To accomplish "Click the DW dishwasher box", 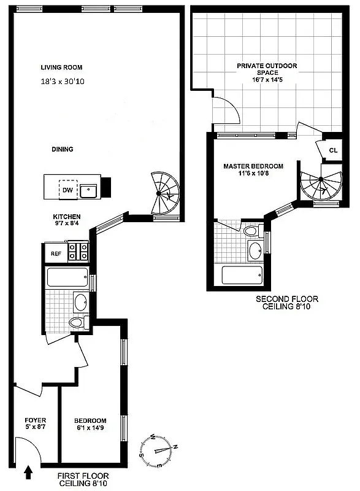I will point(67,190).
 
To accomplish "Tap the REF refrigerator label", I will point(56,253).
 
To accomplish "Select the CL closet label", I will point(333,150).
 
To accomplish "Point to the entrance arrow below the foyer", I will point(28,472).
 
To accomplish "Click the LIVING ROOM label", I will point(61,68).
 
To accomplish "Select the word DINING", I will point(63,149).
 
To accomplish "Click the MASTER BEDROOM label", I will point(253,166).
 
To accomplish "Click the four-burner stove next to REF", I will point(78,252).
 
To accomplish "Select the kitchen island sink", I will point(90,190).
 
